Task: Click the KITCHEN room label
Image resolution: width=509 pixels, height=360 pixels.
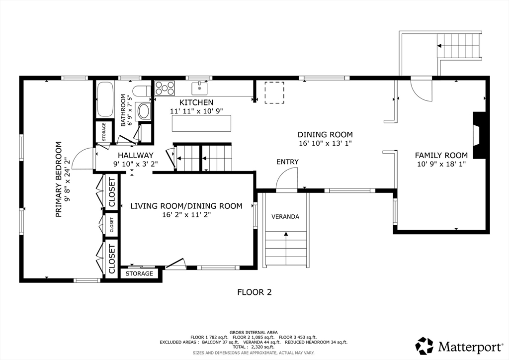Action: (196, 102)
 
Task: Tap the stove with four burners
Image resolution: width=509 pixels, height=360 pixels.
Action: (165, 88)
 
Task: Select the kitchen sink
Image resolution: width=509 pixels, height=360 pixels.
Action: (199, 88)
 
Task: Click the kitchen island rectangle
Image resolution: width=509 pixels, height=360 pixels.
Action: (202, 123)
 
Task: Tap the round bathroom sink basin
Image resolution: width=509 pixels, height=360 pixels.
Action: (144, 111)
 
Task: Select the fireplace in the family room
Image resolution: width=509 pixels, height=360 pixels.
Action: (479, 135)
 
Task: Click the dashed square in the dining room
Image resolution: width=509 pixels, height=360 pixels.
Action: (274, 92)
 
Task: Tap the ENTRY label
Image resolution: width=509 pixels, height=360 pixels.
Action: (287, 162)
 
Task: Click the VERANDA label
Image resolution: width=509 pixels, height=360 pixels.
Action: (285, 216)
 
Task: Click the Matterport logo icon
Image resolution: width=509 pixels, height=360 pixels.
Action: (424, 346)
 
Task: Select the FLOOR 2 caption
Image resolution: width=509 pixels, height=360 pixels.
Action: (254, 292)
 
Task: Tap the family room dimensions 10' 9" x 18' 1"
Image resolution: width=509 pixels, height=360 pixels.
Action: (441, 164)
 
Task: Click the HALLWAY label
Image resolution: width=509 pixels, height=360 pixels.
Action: (135, 156)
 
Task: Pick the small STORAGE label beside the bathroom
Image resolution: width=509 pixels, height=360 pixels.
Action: (104, 132)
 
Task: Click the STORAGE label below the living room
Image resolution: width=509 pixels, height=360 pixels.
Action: (139, 273)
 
